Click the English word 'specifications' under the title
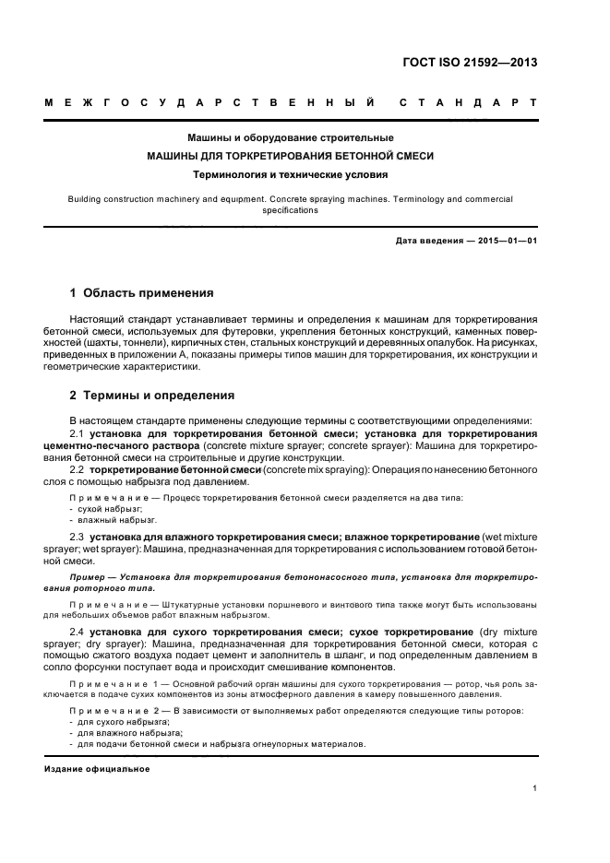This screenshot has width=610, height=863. click(291, 209)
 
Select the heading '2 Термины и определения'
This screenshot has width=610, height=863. click(151, 396)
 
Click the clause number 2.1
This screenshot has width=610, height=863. click(78, 433)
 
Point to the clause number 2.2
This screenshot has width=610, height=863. click(78, 469)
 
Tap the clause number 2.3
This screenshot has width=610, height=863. click(78, 536)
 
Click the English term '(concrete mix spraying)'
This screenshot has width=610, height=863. click(317, 469)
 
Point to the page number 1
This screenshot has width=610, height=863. click(535, 788)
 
